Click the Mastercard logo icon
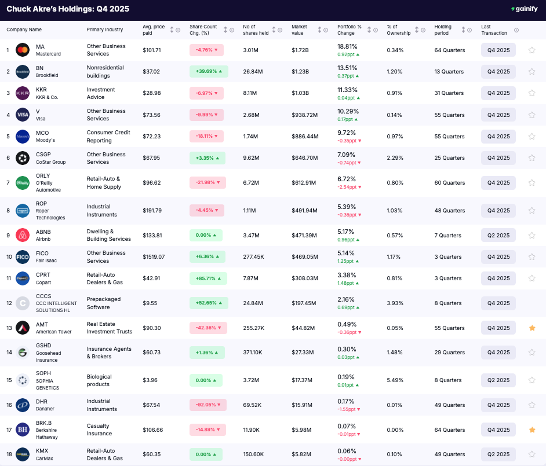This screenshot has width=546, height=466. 23,50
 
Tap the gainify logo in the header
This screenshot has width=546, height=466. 525,9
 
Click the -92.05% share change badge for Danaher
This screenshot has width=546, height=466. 208,405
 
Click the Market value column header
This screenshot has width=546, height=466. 299,30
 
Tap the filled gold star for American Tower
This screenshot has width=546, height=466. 532,328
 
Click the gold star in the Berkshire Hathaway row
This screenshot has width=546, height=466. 532,430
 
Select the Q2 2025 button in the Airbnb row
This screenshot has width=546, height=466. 498,235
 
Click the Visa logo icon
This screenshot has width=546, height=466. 23,115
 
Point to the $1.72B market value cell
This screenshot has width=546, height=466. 300,50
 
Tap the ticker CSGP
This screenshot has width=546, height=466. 43,155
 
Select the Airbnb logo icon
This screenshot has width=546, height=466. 23,235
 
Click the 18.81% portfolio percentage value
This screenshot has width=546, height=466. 348,46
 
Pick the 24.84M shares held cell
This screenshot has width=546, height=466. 253,303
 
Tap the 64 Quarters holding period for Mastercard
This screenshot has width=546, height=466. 450,50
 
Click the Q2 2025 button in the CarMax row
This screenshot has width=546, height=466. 498,454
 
